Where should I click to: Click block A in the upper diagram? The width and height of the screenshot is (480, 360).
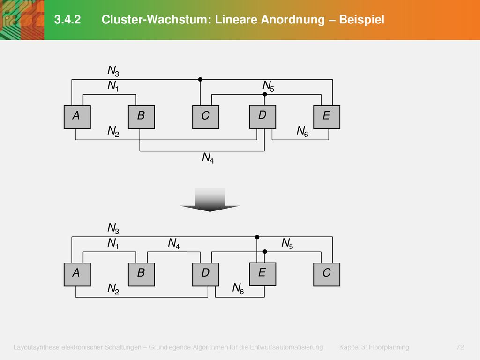pyautogui.click(x=77, y=117)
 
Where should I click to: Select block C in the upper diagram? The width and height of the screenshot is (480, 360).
pyautogui.click(x=206, y=117)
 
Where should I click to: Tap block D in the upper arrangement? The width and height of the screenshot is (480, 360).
pyautogui.click(x=262, y=117)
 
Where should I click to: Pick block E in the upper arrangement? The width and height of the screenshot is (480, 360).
pyautogui.click(x=327, y=117)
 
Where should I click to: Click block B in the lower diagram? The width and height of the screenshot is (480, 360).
pyautogui.click(x=142, y=275)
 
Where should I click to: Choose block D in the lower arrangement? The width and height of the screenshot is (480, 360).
pyautogui.click(x=206, y=275)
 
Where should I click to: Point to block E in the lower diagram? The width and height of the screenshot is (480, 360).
pyautogui.click(x=262, y=274)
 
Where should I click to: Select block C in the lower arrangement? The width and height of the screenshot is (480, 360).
pyautogui.click(x=327, y=275)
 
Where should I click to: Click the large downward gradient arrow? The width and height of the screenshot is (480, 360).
pyautogui.click(x=210, y=200)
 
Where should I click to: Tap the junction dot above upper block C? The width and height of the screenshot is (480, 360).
pyautogui.click(x=200, y=80)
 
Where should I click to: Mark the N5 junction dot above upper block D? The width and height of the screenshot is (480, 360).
pyautogui.click(x=265, y=94)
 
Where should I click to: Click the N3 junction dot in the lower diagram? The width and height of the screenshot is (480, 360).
pyautogui.click(x=257, y=237)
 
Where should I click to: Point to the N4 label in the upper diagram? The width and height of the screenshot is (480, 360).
pyautogui.click(x=208, y=158)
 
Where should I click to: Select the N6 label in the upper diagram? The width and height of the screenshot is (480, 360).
pyautogui.click(x=302, y=132)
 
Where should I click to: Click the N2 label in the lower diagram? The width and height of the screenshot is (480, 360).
pyautogui.click(x=113, y=289)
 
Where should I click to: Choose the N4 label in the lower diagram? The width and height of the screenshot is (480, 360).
pyautogui.click(x=174, y=244)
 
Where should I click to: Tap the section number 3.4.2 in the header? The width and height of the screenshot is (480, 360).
pyautogui.click(x=67, y=20)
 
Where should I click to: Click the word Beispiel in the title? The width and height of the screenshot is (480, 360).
pyautogui.click(x=361, y=20)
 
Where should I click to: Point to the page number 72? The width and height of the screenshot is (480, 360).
pyautogui.click(x=460, y=347)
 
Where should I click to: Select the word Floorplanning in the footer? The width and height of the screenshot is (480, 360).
pyautogui.click(x=389, y=347)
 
